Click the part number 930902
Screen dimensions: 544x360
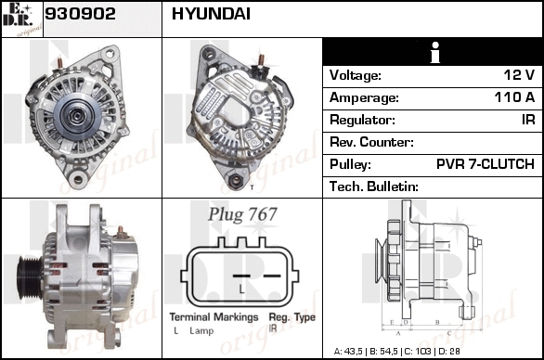click(80, 14)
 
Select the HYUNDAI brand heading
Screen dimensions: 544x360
click(211, 14)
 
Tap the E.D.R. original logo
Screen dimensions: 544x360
click(22, 19)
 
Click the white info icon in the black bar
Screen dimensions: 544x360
click(435, 53)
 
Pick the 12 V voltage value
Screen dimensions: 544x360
click(519, 75)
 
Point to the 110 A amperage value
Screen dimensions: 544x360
click(514, 97)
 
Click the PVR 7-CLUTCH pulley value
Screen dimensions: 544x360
click(485, 163)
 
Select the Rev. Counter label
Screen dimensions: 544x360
click(371, 142)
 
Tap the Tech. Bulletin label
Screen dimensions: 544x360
click(374, 186)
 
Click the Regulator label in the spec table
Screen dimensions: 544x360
click(362, 120)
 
